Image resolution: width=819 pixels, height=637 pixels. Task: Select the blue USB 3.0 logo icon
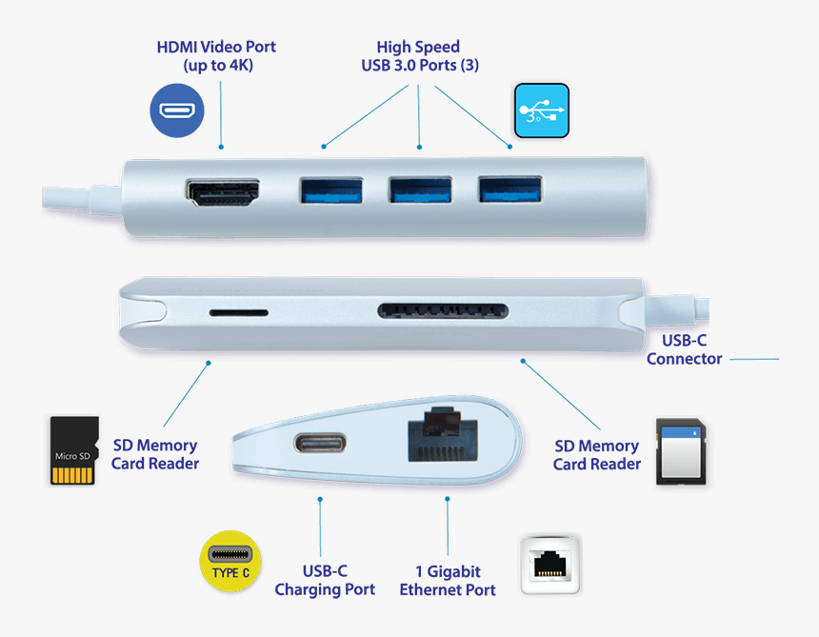tap(542, 111)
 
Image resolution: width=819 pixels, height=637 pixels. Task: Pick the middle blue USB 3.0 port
tap(420, 189)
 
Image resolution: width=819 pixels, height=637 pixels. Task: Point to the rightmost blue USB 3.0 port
tap(509, 189)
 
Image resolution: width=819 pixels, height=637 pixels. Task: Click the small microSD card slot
tap(238, 312)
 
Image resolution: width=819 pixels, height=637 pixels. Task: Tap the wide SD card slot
tap(443, 310)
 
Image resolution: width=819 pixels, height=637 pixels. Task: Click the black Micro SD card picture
tap(75, 450)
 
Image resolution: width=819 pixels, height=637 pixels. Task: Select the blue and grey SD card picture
tap(680, 453)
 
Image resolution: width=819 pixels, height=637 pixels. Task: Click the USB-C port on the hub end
tap(318, 444)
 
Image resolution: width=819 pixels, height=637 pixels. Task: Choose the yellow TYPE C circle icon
tap(230, 561)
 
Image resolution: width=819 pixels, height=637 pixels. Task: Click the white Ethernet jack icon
tap(550, 564)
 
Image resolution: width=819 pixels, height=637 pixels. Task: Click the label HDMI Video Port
tap(216, 55)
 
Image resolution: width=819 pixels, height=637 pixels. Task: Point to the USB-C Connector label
tap(684, 349)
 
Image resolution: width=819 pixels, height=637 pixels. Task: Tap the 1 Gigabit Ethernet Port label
tap(447, 580)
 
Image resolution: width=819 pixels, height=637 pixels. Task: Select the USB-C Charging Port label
tap(324, 580)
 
